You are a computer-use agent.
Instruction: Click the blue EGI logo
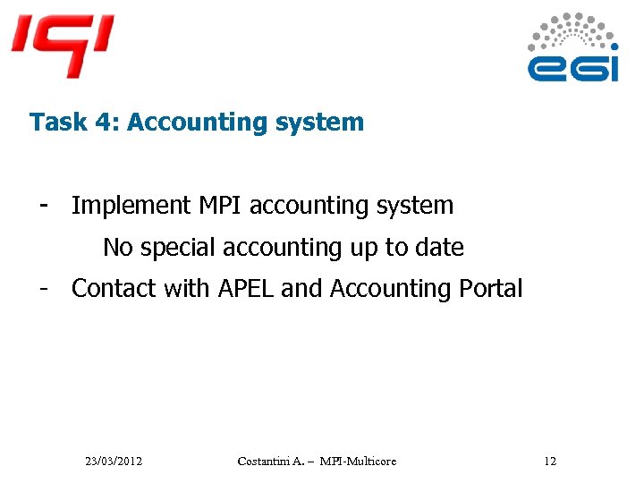(572, 49)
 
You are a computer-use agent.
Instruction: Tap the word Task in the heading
(53, 123)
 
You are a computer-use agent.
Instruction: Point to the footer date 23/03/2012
(114, 461)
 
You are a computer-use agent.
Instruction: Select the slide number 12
(549, 461)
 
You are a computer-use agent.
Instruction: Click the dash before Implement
(43, 206)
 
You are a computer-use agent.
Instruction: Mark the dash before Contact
(43, 288)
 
